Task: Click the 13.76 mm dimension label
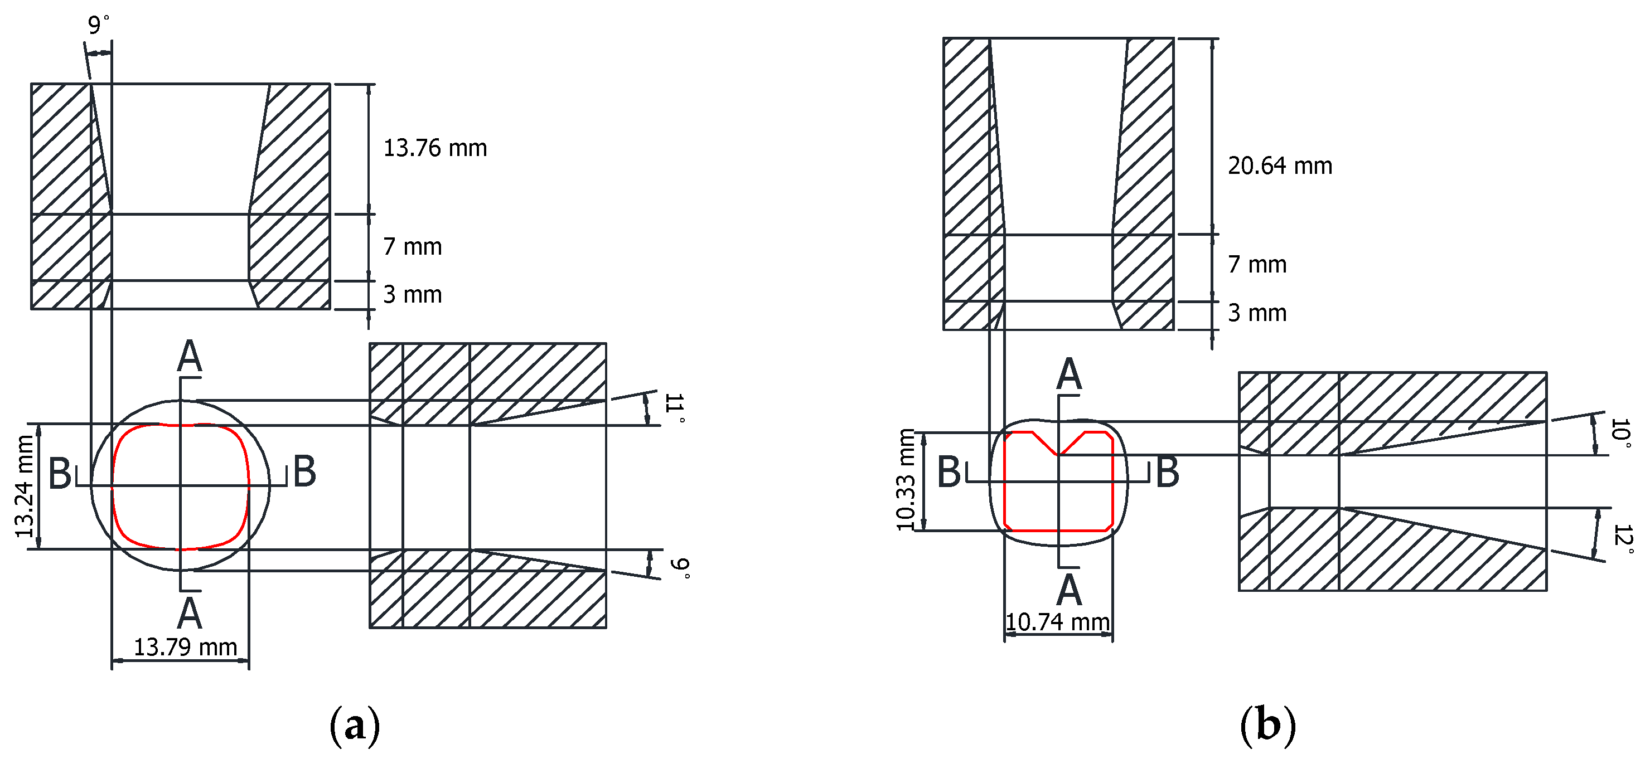(x=435, y=148)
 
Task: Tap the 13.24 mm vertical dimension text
(x=25, y=486)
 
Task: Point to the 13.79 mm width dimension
(x=185, y=647)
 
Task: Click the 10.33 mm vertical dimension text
(x=905, y=480)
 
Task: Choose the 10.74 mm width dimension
(x=1057, y=622)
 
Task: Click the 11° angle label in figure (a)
(x=675, y=408)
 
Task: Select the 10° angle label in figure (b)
(x=1620, y=433)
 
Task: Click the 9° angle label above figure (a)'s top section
(x=98, y=25)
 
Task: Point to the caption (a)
(x=354, y=726)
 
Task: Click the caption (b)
(x=1267, y=726)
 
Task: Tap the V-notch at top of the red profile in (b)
(x=1058, y=452)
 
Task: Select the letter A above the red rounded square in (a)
(x=190, y=357)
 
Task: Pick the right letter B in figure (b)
(x=1167, y=473)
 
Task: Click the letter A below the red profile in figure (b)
(x=1069, y=590)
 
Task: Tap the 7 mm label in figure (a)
(x=413, y=247)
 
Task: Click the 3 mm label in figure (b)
(x=1257, y=314)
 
